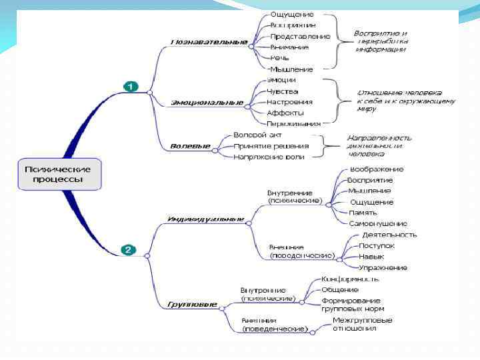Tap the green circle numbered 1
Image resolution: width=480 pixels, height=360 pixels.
pos(130,87)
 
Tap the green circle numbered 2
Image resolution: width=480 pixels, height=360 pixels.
pos(129,250)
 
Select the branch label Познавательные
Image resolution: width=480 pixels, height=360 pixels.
pos(209,42)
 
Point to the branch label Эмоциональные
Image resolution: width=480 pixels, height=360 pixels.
pos(207,103)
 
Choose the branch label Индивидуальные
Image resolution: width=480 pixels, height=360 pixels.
pos(205,219)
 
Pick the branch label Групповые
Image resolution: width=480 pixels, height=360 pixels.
pos(192,305)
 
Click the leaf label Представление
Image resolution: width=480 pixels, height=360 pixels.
pos(300,36)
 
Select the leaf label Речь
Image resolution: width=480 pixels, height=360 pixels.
pos(279,58)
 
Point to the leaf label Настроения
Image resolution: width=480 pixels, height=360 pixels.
pos(289,102)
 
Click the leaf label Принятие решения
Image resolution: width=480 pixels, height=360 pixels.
pos(271,145)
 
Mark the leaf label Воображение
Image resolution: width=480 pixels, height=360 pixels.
pos(377,169)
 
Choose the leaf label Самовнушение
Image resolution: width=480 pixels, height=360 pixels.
pos(378,223)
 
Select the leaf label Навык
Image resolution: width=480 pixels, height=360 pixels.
pos(371,256)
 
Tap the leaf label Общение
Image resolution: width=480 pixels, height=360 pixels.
pos(340,289)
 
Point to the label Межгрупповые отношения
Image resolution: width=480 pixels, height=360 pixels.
pos(362,324)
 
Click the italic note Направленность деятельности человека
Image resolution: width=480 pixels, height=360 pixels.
pos(379,145)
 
